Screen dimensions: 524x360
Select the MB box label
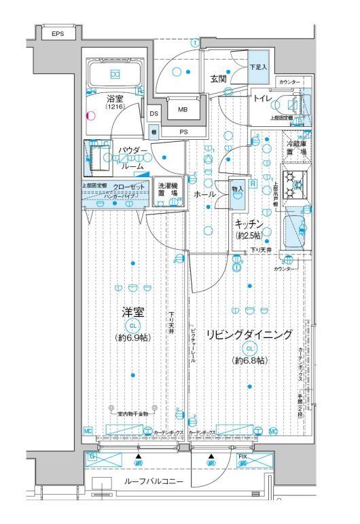183,109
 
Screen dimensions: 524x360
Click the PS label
183,131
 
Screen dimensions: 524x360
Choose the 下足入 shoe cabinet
257,69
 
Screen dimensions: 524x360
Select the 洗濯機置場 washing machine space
168,189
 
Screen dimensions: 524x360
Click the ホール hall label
204,195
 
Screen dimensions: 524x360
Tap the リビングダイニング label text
251,335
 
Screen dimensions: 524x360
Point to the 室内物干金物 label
133,413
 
